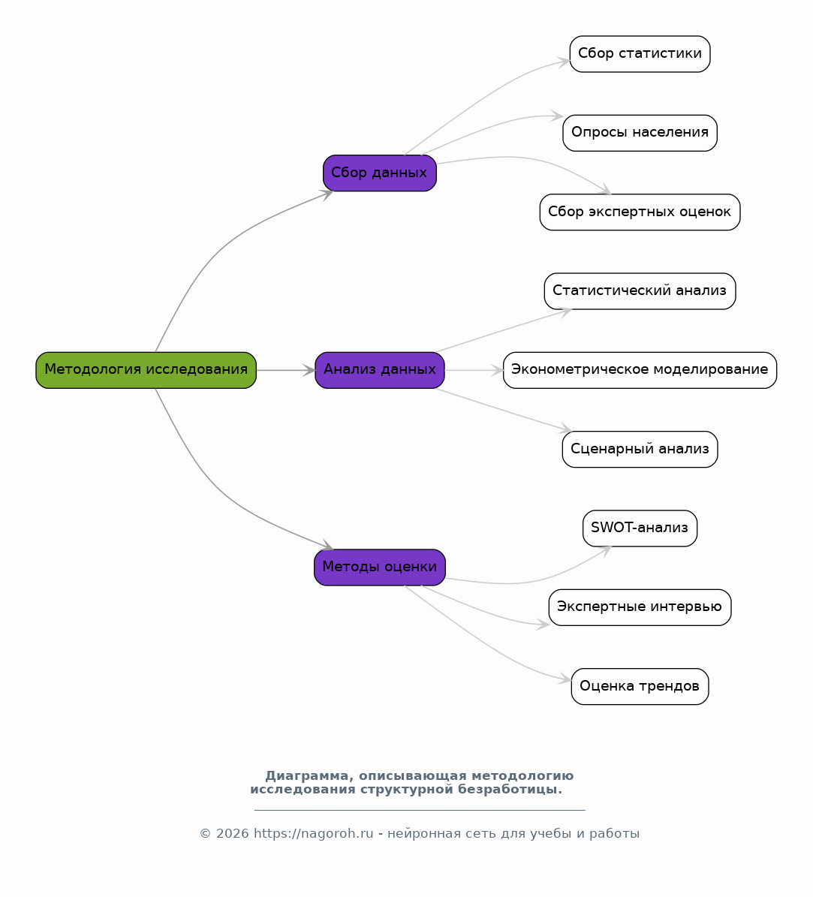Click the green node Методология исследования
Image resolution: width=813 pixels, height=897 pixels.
click(146, 370)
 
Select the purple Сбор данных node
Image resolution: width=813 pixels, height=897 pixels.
click(380, 173)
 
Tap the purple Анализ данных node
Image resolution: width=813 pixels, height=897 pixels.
click(380, 370)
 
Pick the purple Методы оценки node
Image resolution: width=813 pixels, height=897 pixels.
click(380, 567)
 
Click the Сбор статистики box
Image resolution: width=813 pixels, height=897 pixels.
click(640, 54)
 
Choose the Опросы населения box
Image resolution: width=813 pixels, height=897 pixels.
click(640, 134)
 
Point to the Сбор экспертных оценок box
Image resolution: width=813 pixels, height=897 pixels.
click(640, 212)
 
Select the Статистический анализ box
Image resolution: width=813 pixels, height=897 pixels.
click(640, 291)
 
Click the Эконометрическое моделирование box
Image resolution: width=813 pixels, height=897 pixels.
click(640, 370)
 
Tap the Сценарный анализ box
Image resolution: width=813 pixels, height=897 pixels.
click(640, 449)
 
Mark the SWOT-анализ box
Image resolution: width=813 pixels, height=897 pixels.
click(640, 528)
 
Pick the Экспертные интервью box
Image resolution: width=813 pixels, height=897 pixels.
click(640, 607)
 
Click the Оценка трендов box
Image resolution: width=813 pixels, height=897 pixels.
click(640, 686)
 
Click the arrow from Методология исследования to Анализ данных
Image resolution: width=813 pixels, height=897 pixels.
click(286, 370)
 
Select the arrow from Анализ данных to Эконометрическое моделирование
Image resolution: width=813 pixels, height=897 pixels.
click(474, 370)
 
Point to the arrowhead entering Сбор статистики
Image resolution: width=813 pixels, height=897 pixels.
click(564, 62)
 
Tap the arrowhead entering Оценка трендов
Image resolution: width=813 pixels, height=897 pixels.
click(565, 679)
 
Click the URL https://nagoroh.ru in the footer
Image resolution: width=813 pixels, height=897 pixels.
click(314, 833)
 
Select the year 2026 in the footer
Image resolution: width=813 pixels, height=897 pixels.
click(232, 833)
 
